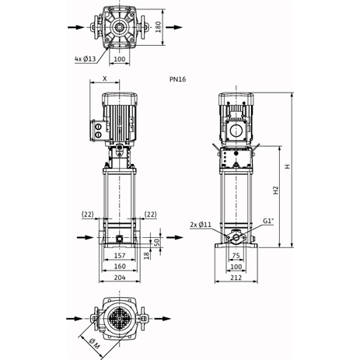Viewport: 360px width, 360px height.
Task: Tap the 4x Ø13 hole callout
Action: point(86,58)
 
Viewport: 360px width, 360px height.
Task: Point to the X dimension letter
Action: point(104,78)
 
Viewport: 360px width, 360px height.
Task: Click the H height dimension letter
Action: point(288,168)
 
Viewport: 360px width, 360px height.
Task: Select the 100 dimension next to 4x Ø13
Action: point(120,58)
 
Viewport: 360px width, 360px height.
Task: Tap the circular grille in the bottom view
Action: point(119,319)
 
